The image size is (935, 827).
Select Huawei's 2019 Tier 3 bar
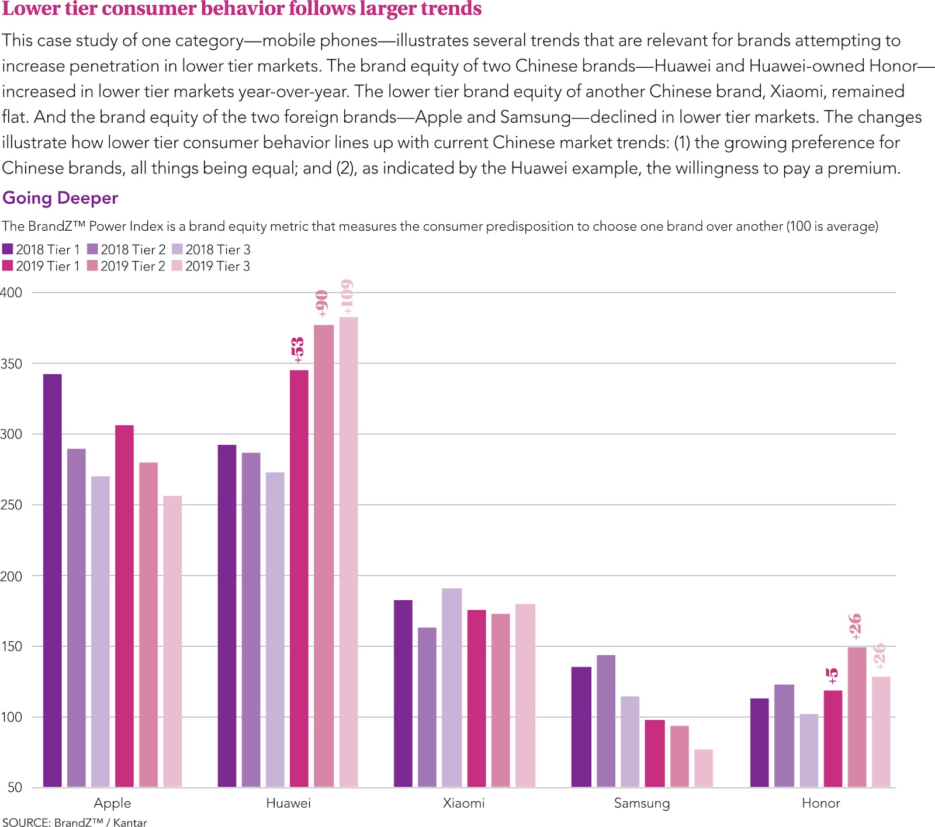[348, 552]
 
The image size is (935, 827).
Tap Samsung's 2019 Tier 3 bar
[704, 768]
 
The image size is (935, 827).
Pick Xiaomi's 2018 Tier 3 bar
[452, 687]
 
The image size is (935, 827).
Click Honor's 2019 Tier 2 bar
[857, 717]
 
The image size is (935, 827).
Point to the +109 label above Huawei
[347, 297]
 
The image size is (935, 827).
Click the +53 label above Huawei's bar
[298, 349]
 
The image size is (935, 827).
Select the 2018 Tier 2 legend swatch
[93, 249]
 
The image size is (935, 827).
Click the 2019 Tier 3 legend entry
[211, 266]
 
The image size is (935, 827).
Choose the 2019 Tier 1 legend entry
[41, 266]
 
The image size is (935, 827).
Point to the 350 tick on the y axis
[11, 364]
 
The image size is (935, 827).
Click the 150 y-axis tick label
[11, 647]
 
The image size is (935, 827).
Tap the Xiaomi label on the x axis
[463, 803]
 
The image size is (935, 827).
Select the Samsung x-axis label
[642, 803]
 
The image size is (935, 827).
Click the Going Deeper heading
[60, 198]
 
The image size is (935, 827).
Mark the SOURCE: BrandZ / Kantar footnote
[74, 822]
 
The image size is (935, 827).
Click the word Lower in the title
[31, 9]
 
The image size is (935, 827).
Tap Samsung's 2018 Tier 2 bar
[606, 721]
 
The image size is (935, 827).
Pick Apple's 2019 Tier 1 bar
[124, 606]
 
